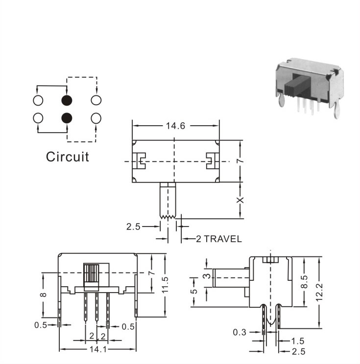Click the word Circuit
coord(68,157)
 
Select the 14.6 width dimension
coord(175,126)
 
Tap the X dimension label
coord(240,200)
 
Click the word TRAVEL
coord(223,239)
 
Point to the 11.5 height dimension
coord(165,285)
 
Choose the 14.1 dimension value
coord(98,349)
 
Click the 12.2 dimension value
coord(319,292)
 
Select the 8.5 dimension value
coord(304,282)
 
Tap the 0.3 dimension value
coord(240,332)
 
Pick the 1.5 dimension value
coord(298,341)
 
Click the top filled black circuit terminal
coord(67,100)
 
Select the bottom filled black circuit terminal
coord(67,118)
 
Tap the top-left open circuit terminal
coord(38,100)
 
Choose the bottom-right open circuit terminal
coord(96,118)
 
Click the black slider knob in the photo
coord(298,86)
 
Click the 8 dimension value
coord(44,295)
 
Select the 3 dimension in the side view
coord(208,276)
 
